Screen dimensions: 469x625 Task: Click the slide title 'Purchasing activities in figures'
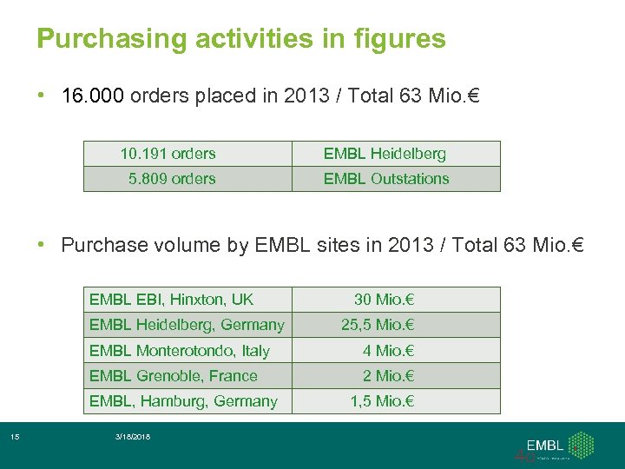(x=241, y=39)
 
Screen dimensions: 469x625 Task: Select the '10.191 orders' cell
(x=168, y=154)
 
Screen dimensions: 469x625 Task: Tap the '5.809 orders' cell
(x=171, y=179)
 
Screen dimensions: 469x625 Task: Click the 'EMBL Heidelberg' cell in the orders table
(x=385, y=154)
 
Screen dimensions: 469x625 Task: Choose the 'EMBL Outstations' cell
(x=386, y=179)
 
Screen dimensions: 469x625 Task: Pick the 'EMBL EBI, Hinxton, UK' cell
(x=171, y=300)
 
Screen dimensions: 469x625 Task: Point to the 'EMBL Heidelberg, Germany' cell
(x=187, y=325)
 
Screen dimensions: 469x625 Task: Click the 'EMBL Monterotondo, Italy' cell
(x=179, y=351)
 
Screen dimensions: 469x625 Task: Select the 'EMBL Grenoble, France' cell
(x=173, y=376)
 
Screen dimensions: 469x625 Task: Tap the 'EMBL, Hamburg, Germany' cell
(x=183, y=401)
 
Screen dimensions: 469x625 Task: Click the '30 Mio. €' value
(x=384, y=300)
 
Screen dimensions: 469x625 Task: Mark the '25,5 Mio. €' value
(x=378, y=325)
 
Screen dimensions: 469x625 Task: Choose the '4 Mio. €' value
(x=388, y=351)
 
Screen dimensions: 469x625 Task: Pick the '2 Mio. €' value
(x=388, y=376)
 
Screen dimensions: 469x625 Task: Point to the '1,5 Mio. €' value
(x=382, y=401)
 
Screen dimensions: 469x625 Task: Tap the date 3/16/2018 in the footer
(x=131, y=436)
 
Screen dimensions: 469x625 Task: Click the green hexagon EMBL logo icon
(x=580, y=445)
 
